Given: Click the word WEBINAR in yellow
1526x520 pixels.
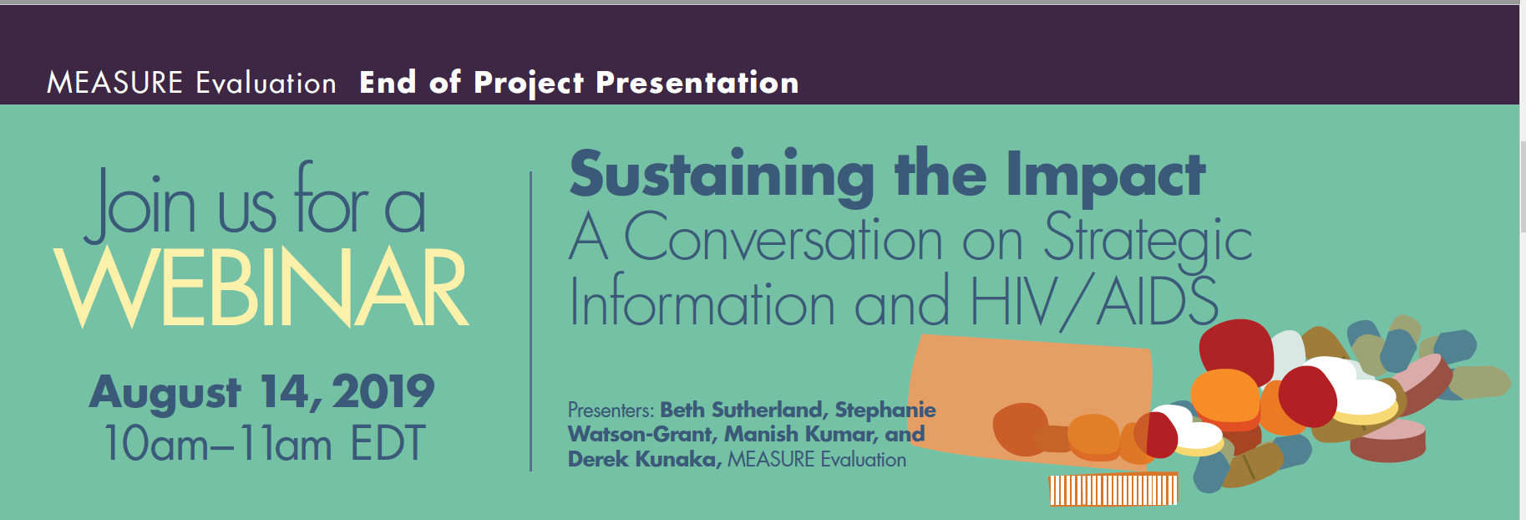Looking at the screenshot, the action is [261, 287].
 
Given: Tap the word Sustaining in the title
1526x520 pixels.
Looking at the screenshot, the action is [722, 176].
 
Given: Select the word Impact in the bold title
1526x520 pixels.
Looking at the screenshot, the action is [1105, 176].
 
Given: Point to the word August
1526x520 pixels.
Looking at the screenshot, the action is [165, 393].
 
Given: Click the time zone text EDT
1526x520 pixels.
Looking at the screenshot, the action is [388, 443].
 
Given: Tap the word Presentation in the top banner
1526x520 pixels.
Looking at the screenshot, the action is [697, 83].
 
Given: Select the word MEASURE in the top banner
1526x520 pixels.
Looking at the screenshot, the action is [114, 83].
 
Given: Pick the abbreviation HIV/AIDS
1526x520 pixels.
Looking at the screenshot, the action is [1094, 301].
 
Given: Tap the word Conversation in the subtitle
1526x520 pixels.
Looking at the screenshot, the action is [783, 237].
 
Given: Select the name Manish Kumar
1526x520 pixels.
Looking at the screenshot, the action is [800, 434].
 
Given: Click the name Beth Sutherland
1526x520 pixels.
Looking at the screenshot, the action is [743, 410].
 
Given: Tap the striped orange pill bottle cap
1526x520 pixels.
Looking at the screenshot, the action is [1113, 489].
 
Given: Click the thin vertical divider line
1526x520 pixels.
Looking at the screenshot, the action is [531, 321].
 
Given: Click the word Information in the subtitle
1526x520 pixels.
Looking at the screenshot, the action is [702, 301].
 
